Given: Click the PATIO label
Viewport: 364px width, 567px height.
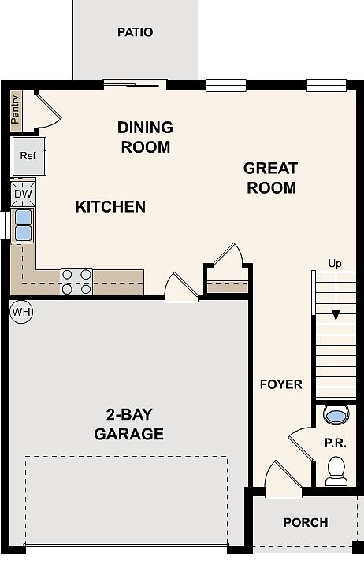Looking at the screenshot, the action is coord(135,32).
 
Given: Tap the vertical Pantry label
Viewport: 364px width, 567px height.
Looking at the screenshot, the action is coord(16,109).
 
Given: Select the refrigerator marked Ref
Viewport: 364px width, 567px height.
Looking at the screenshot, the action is coord(29,156).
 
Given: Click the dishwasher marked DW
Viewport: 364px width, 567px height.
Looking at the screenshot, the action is coord(23,194).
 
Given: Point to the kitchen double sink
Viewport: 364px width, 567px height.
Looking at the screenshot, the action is coord(23,226).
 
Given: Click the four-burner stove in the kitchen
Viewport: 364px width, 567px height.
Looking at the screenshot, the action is coord(76,282).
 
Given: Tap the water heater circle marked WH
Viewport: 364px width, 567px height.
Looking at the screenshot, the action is coord(21,312).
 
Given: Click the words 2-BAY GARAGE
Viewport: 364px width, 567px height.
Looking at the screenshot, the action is coord(128,424).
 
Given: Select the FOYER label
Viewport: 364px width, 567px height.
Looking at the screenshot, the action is coord(280,384).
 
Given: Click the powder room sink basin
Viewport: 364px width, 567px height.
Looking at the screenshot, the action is coord(336,414).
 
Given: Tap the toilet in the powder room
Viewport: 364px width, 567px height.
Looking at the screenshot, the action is coord(336,471).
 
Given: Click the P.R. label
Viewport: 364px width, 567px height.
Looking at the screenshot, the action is coord(336,443).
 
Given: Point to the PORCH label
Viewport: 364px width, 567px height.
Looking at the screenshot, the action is coord(306,523).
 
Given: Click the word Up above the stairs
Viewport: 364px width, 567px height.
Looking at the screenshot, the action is coord(335,264).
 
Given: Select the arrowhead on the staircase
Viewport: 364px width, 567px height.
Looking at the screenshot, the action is coord(336,315).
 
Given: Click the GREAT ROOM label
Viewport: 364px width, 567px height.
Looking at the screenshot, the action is coord(271,178).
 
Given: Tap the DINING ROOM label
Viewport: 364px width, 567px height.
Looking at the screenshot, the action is coord(146,137).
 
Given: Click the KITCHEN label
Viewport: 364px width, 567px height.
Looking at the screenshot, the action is coord(110,207).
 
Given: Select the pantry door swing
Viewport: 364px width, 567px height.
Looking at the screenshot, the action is coord(49,110).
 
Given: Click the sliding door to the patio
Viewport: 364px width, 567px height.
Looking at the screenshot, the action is coord(134,84).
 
